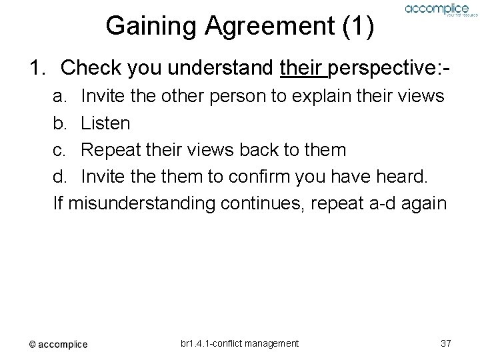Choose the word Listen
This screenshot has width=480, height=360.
tap(105, 123)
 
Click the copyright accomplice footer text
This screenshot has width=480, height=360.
tap(58, 344)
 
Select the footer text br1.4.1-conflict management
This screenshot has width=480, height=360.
tap(239, 343)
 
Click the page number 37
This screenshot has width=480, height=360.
tap(446, 343)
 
